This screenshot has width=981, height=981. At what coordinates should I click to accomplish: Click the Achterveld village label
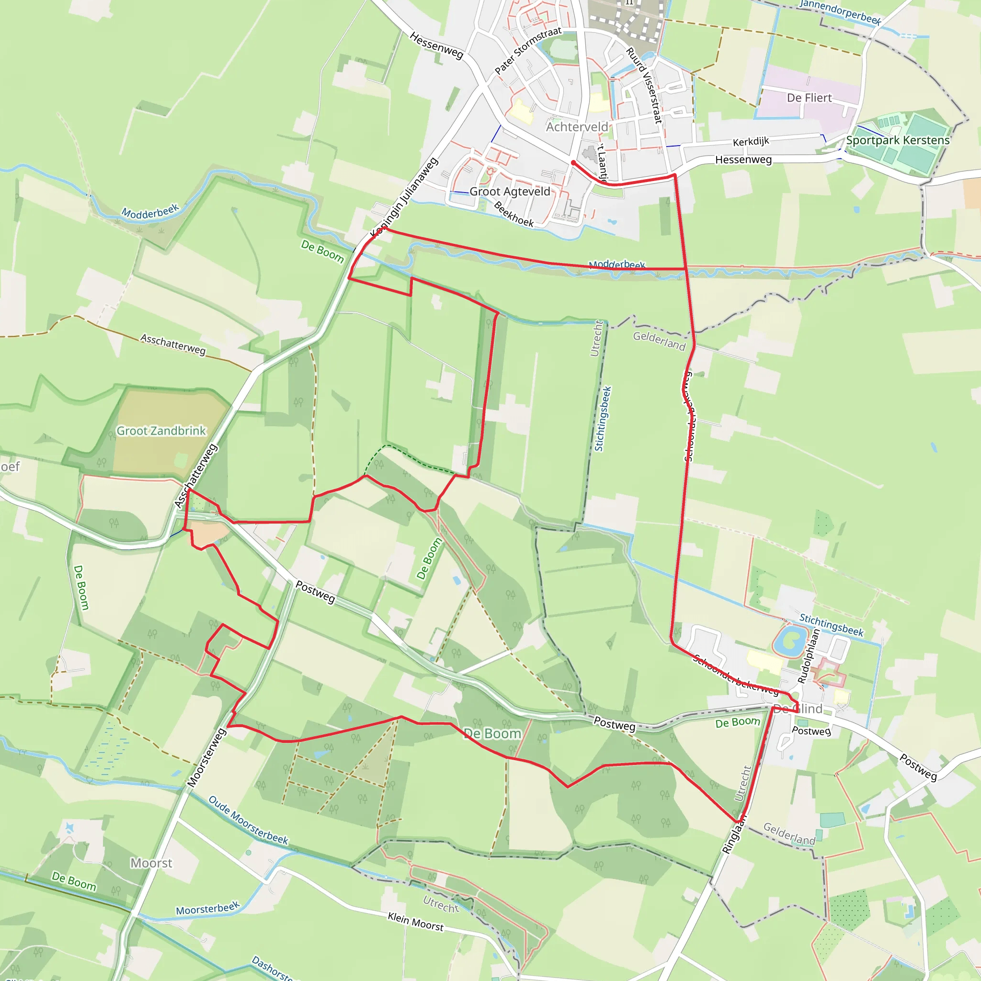[577, 127]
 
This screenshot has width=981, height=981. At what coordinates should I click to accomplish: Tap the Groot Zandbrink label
[161, 431]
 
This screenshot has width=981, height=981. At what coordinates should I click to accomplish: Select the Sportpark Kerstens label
[898, 140]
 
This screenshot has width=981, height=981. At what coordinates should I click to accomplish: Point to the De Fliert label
[810, 98]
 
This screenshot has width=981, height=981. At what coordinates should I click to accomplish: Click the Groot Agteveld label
[510, 192]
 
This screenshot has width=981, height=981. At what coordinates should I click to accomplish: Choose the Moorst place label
[151, 863]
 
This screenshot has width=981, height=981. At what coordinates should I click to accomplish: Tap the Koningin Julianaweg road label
[404, 198]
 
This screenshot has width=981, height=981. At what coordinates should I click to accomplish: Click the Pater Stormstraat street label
[528, 50]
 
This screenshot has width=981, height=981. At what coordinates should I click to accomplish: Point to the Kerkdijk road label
[751, 142]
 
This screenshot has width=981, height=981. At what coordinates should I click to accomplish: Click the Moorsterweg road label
[206, 758]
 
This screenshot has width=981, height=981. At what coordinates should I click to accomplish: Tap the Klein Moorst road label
[415, 921]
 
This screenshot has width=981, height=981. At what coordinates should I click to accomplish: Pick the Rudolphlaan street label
[809, 656]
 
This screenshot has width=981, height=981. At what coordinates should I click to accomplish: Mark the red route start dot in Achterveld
[573, 162]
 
